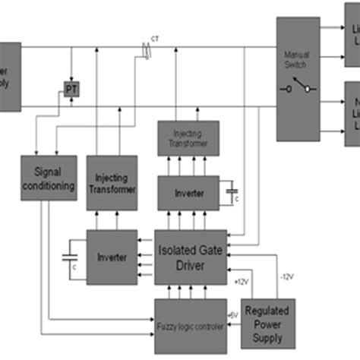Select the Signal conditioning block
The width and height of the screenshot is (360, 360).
click(x=48, y=178)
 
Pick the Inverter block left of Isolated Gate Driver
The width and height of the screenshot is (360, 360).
click(x=112, y=257)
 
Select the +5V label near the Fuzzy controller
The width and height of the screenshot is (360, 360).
click(x=233, y=313)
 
